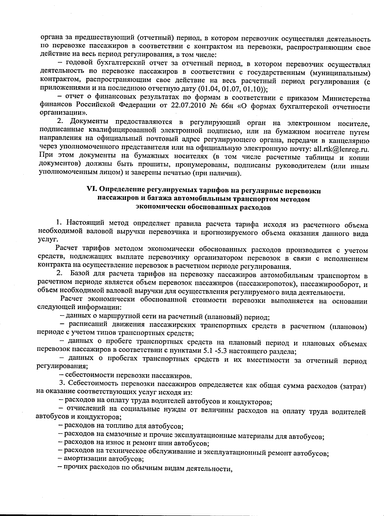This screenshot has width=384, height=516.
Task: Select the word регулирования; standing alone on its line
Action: (x=62, y=366)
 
